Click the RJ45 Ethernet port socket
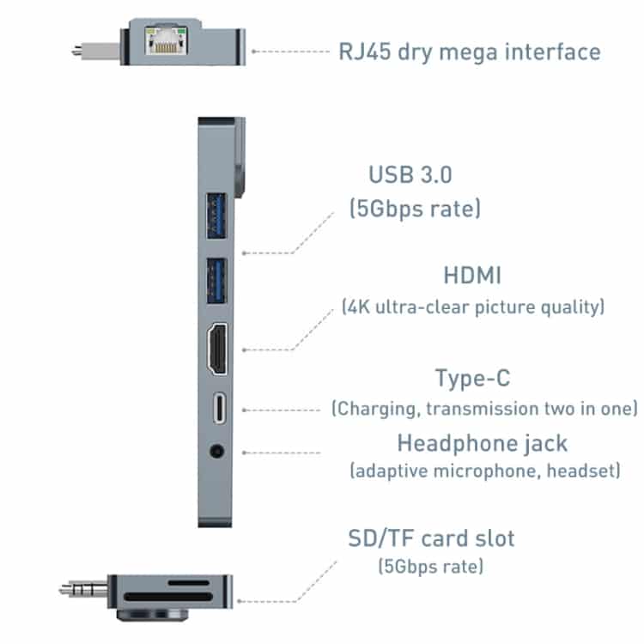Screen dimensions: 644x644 coord(166,40)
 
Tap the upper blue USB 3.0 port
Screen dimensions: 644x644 coord(216,216)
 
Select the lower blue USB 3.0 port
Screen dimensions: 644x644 coord(216,281)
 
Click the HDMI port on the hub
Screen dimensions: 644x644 coord(217,349)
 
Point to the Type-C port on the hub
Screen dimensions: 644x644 coord(220,408)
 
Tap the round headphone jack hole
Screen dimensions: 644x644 coord(217,452)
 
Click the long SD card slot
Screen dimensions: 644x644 coord(168,597)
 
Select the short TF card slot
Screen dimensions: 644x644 coord(189,583)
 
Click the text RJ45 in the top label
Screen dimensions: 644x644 coord(365,52)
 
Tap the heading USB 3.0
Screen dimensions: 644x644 coord(410,174)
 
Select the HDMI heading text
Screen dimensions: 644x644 coord(472,275)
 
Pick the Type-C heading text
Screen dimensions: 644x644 coord(473,379)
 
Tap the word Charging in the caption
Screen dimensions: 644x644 coord(378,409)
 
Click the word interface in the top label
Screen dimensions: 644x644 coord(552,52)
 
